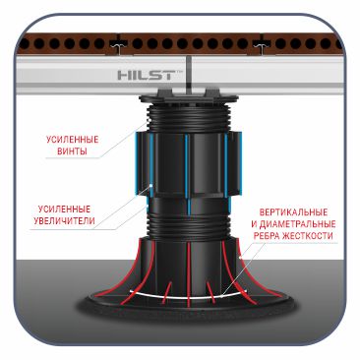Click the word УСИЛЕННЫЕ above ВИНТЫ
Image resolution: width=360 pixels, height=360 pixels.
pyautogui.click(x=72, y=140)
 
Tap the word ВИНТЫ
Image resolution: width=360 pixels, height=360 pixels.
pyautogui.click(x=72, y=151)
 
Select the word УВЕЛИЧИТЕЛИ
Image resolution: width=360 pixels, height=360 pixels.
pyautogui.click(x=64, y=220)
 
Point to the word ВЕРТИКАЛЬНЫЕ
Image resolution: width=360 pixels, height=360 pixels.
pyautogui.click(x=293, y=212)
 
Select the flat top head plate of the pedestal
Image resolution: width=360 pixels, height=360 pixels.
pyautogui.click(x=189, y=97)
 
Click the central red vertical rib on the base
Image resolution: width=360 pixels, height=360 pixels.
pyautogui.click(x=189, y=273)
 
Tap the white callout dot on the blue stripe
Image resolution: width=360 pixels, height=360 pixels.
pyautogui.click(x=151, y=186)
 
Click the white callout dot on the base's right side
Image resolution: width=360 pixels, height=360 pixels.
pyautogui.click(x=240, y=258)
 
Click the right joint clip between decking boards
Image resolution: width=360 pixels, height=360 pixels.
pyautogui.click(x=261, y=45)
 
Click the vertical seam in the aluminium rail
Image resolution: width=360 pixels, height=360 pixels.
pyautogui.click(x=190, y=73)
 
